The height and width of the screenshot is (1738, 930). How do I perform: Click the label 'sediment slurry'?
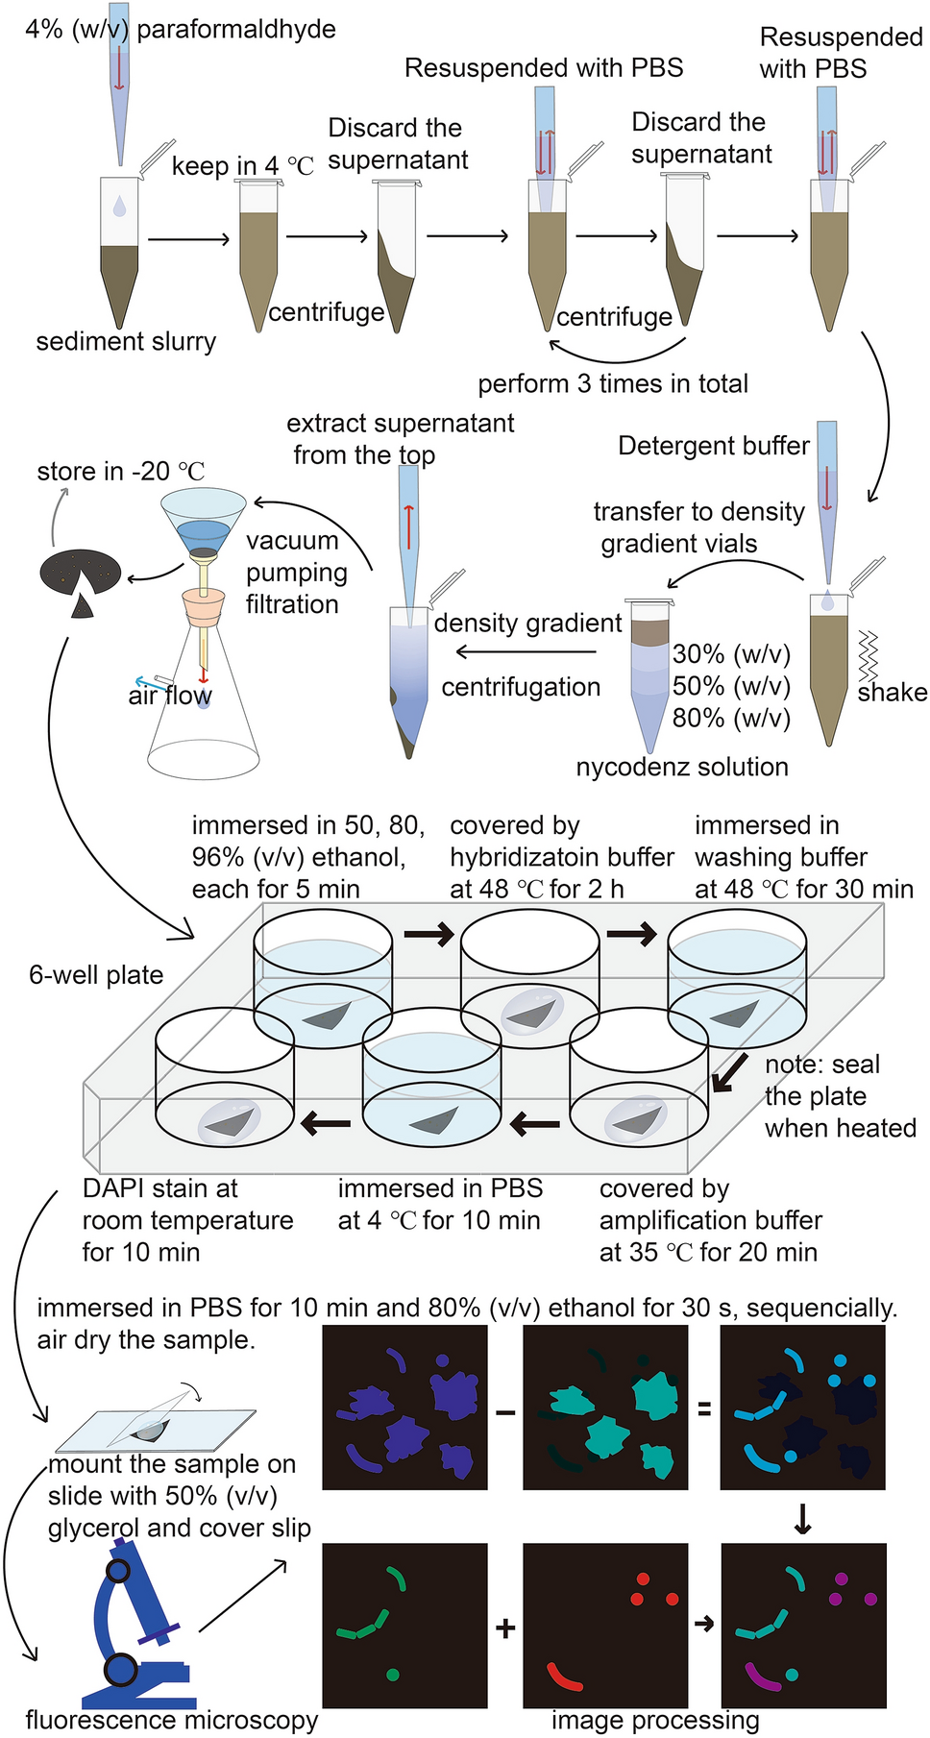coord(126,342)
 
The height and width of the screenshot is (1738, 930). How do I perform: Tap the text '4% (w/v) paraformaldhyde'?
coord(181,29)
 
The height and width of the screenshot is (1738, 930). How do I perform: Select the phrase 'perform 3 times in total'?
coord(613,384)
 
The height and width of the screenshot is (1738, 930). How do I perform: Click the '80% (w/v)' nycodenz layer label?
coord(731,718)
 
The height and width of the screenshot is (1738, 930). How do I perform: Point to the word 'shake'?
coord(893,693)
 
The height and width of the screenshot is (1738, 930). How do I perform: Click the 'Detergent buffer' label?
coord(713,446)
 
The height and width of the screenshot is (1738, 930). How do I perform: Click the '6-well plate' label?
coord(96,975)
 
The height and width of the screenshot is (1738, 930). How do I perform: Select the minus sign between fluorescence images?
coord(505,1412)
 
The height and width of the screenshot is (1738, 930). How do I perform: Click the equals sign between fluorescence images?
coord(704,1409)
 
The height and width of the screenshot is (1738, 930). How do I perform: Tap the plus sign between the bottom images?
coord(505,1628)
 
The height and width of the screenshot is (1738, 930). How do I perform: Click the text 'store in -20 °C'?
coord(121,472)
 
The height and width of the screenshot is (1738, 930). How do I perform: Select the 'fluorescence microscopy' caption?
coord(171,1720)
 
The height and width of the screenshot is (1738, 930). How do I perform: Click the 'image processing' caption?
coord(655,1720)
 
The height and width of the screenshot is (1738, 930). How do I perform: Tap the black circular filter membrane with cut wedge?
coord(81,576)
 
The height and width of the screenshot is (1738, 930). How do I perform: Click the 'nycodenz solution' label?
coord(682,767)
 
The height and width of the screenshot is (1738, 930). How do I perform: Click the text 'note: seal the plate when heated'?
coord(840,1096)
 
